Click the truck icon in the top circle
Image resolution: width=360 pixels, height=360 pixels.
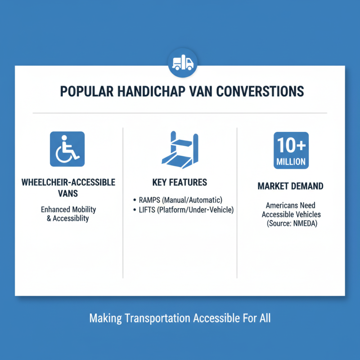(x=183, y=64)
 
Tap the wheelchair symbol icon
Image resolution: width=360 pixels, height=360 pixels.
(x=67, y=149)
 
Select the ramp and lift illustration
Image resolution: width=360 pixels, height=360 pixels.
(x=179, y=149)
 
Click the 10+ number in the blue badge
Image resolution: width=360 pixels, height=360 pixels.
(x=291, y=145)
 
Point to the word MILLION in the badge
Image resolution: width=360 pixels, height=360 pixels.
(x=291, y=161)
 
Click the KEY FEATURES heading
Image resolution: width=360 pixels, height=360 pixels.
(x=180, y=182)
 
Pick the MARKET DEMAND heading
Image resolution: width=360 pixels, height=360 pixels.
(x=291, y=186)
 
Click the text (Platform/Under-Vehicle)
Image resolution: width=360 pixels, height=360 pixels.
(x=197, y=210)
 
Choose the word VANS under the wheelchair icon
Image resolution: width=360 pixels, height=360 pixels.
(x=68, y=194)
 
